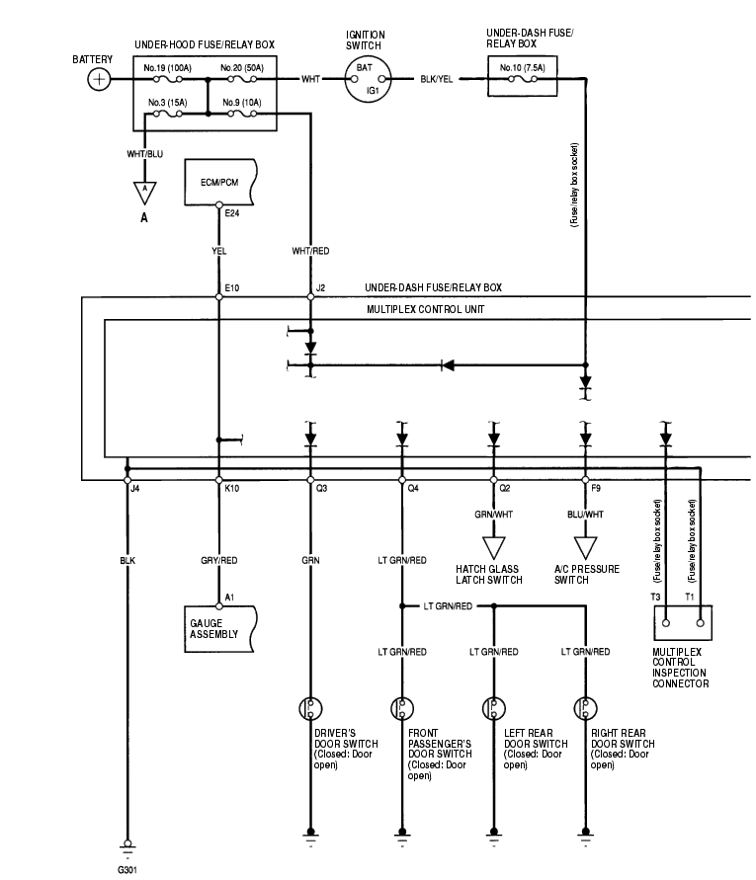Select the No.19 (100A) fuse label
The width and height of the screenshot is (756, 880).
pyautogui.click(x=166, y=67)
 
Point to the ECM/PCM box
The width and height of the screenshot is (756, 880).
pyautogui.click(x=219, y=183)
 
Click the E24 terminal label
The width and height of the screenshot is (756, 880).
pyautogui.click(x=232, y=212)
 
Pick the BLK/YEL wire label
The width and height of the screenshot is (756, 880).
pyautogui.click(x=436, y=79)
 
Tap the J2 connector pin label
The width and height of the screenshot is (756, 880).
pyautogui.click(x=320, y=288)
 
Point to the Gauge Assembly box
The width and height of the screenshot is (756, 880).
pyautogui.click(x=219, y=629)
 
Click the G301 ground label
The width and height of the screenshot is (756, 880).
pyautogui.click(x=128, y=870)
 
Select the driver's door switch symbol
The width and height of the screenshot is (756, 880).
pyautogui.click(x=310, y=708)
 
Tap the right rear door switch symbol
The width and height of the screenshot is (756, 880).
pyautogui.click(x=585, y=708)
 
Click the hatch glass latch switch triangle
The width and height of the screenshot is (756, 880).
pyautogui.click(x=492, y=546)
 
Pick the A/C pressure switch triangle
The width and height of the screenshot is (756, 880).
pyautogui.click(x=585, y=546)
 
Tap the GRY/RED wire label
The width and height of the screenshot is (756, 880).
pyautogui.click(x=219, y=560)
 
